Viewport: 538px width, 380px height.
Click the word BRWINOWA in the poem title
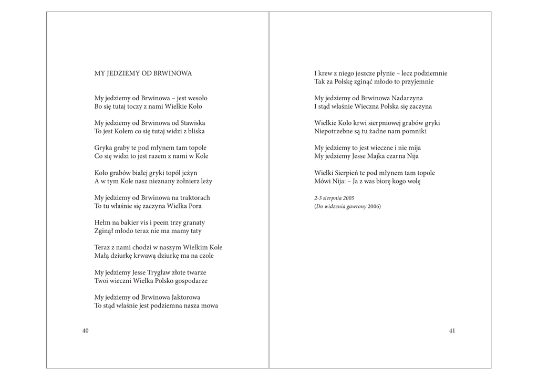pyautogui.click(x=173, y=73)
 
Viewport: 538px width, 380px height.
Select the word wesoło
pyautogui.click(x=198, y=98)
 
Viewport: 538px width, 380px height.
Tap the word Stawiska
pyautogui.click(x=191, y=123)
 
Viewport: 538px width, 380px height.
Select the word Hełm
pyautogui.click(x=102, y=223)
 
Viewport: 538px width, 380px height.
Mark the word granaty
pyautogui.click(x=192, y=223)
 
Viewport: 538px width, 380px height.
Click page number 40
pyautogui.click(x=86, y=331)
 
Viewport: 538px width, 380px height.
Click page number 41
pyautogui.click(x=452, y=331)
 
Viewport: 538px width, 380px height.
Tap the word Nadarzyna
pyautogui.click(x=407, y=98)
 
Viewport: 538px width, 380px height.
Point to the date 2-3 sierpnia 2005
pyautogui.click(x=335, y=198)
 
